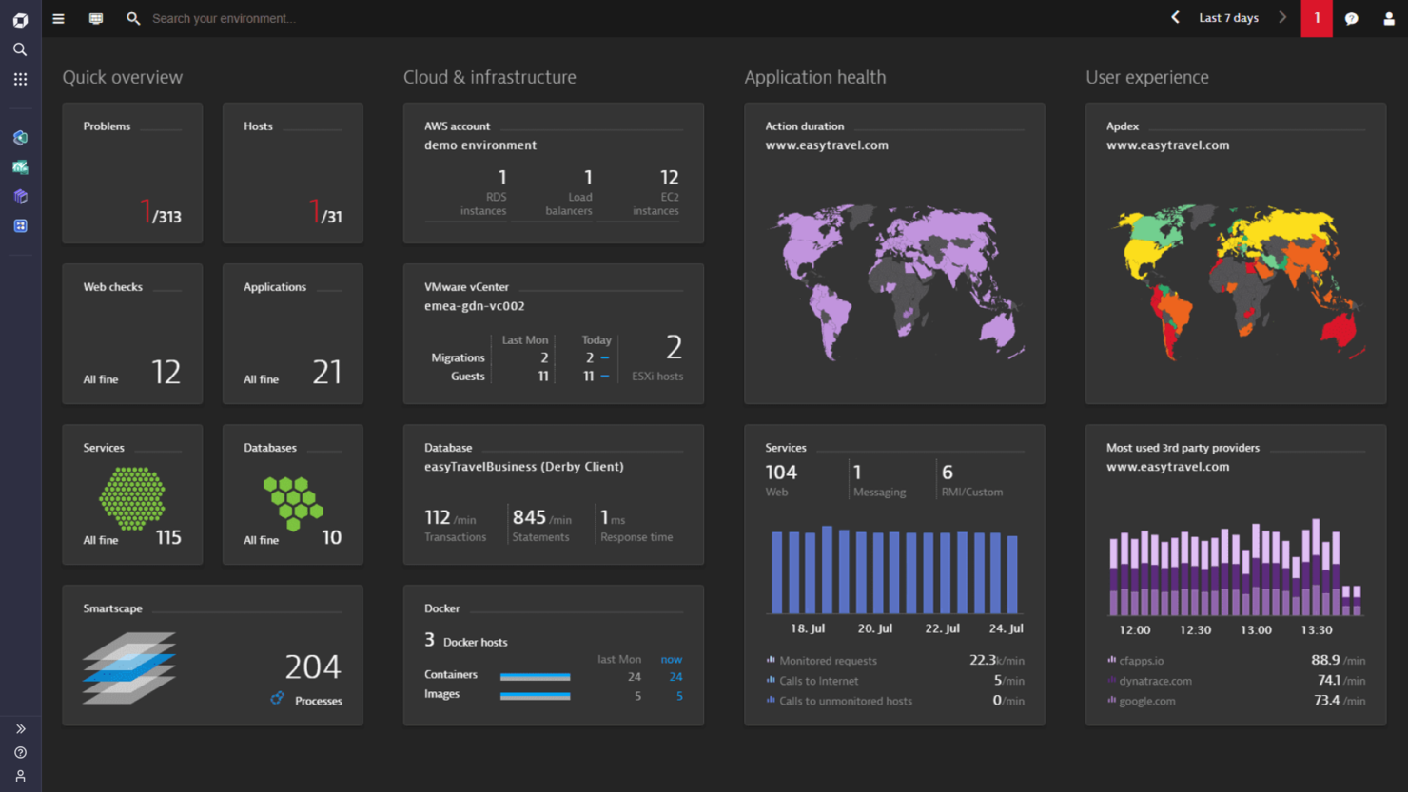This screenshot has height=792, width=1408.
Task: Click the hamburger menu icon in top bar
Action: (x=58, y=18)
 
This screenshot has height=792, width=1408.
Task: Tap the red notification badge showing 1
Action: (x=1317, y=18)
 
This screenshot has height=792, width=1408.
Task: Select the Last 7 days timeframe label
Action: (x=1228, y=18)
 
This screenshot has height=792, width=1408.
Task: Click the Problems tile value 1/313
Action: (x=161, y=213)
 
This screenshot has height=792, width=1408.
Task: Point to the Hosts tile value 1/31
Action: (x=325, y=213)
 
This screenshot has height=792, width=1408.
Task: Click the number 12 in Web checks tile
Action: (x=166, y=372)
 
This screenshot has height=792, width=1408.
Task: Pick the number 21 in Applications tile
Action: (x=326, y=372)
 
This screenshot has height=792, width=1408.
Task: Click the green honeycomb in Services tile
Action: (x=132, y=497)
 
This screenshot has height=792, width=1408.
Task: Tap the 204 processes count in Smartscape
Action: (x=312, y=666)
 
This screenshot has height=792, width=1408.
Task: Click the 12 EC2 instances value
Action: (x=669, y=178)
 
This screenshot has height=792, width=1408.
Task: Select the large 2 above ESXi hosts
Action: (x=674, y=347)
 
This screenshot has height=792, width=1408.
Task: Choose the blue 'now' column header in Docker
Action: (x=671, y=659)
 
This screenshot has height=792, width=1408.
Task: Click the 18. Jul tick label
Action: (x=808, y=628)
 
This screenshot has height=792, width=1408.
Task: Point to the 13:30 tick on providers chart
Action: (x=1317, y=629)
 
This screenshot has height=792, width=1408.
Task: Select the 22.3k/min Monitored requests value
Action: (x=996, y=660)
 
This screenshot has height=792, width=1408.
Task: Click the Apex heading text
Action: (x=1122, y=126)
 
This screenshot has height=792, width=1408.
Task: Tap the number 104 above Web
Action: (x=781, y=473)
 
